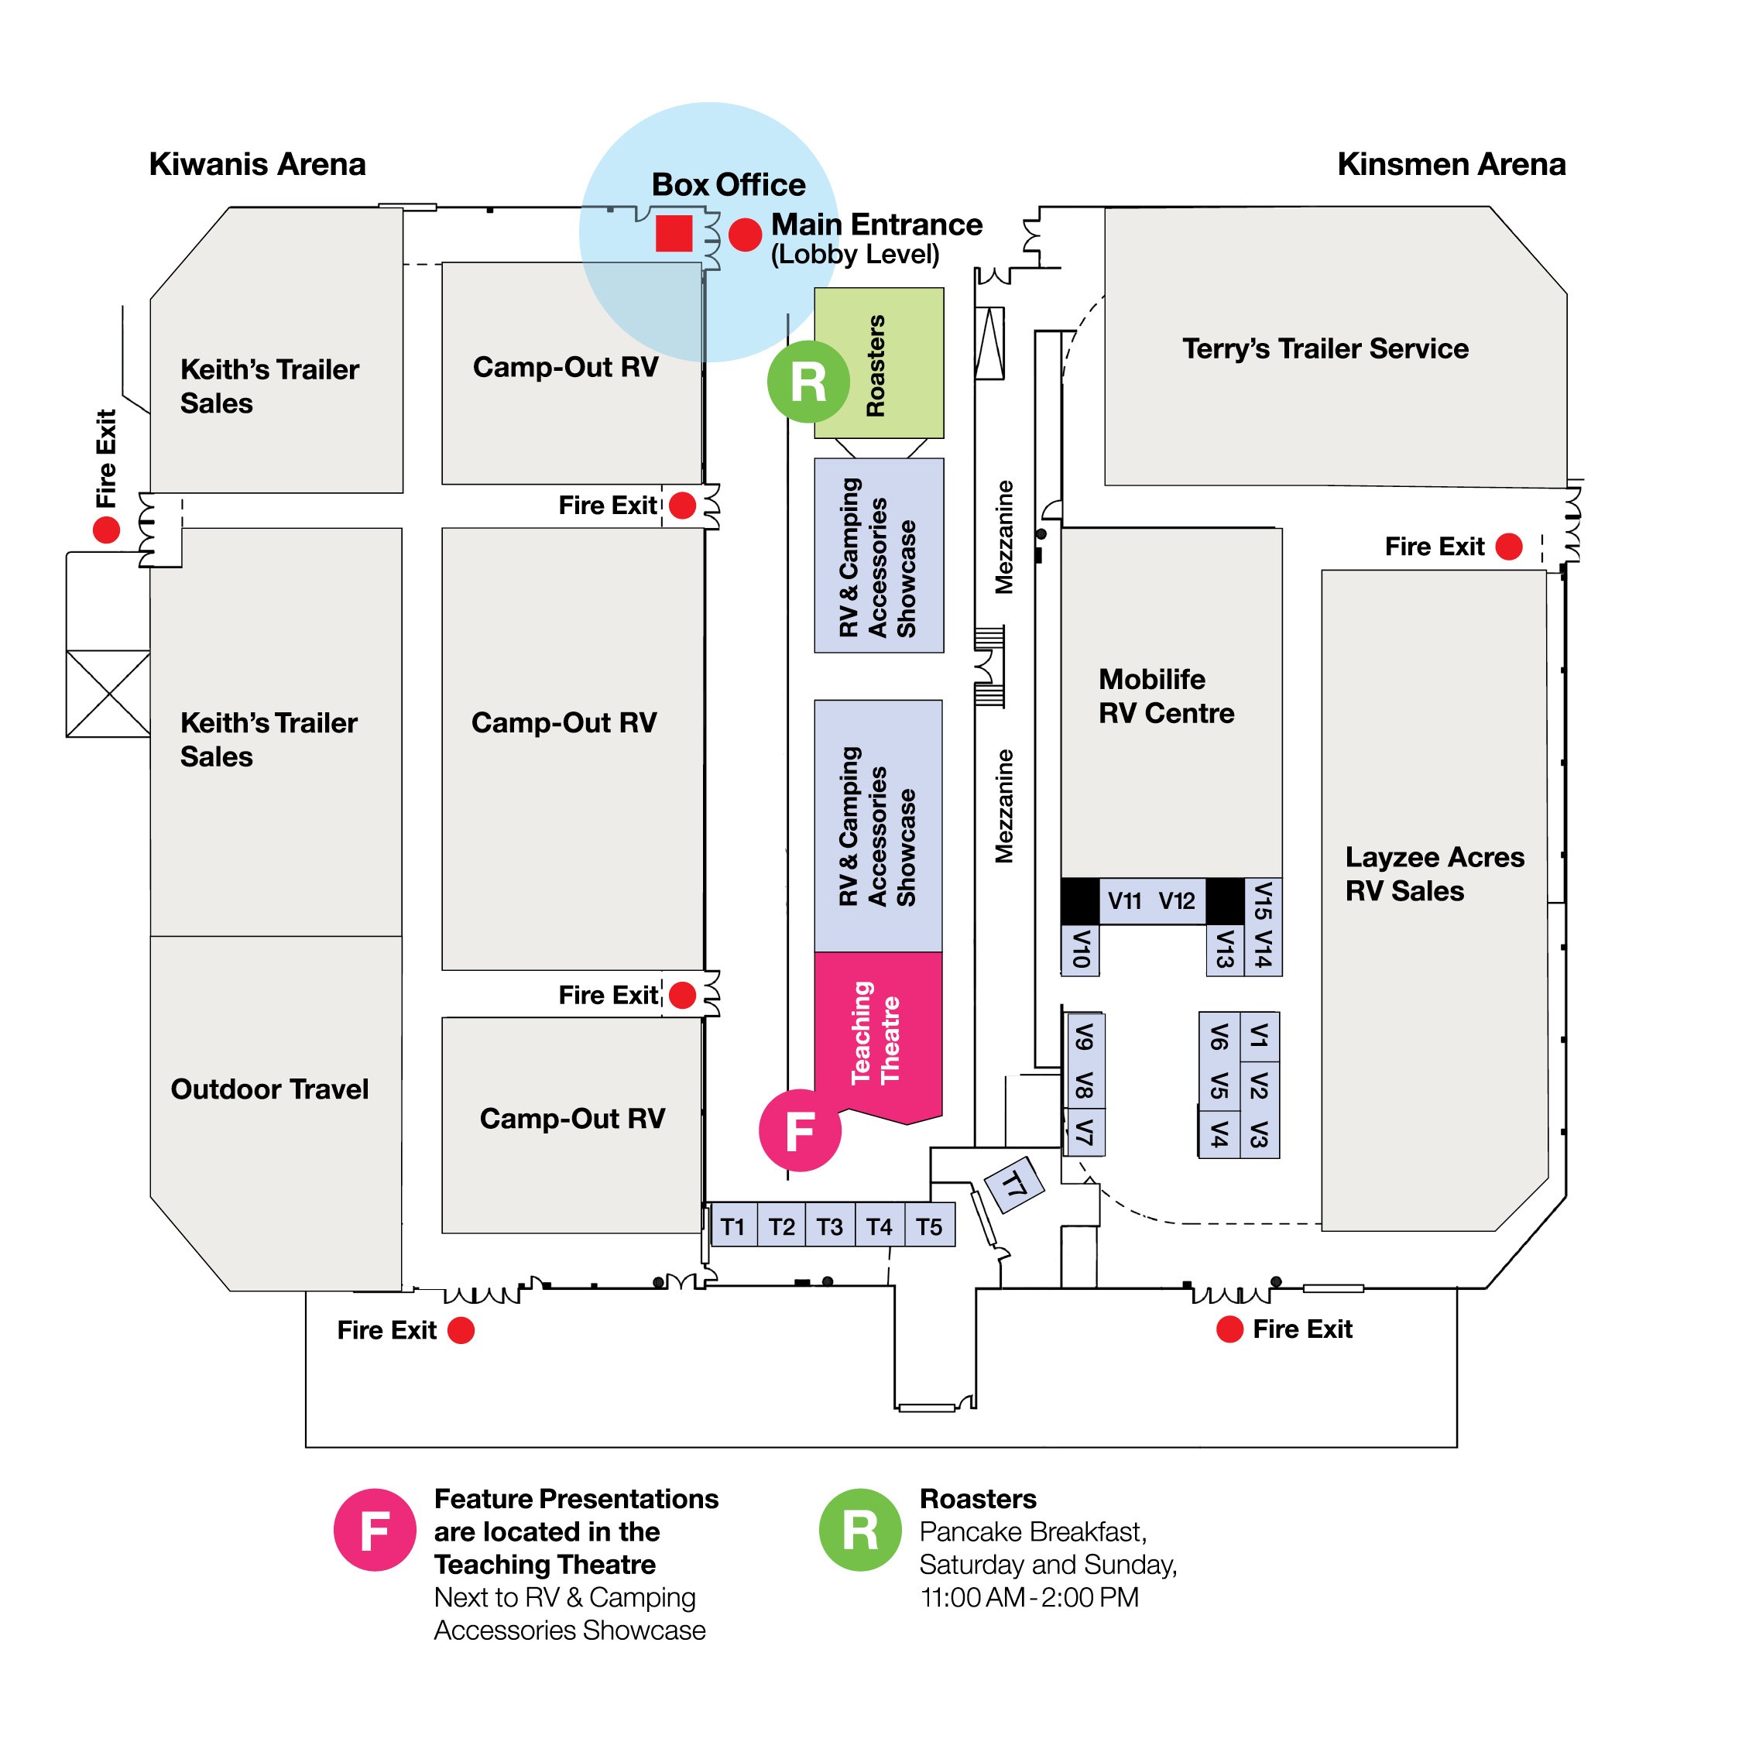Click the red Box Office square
pos(674,234)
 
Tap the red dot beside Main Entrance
pos(745,235)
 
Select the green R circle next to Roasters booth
pos(808,382)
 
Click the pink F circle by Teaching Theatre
pos(800,1130)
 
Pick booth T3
pos(829,1226)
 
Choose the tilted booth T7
pos(1014,1184)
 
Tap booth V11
pos(1124,900)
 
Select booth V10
pos(1080,949)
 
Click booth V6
pos(1218,1037)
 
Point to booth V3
pos(1260,1134)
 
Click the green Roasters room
pos(878,363)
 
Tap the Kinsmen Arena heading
pos(1451,164)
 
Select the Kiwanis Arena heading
pos(257,164)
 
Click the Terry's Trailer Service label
pos(1325,348)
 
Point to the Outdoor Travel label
pos(269,1089)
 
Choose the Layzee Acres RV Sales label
pos(1434,873)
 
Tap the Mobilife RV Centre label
pos(1166,695)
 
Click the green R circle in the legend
pos(859,1529)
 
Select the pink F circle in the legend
pos(374,1529)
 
